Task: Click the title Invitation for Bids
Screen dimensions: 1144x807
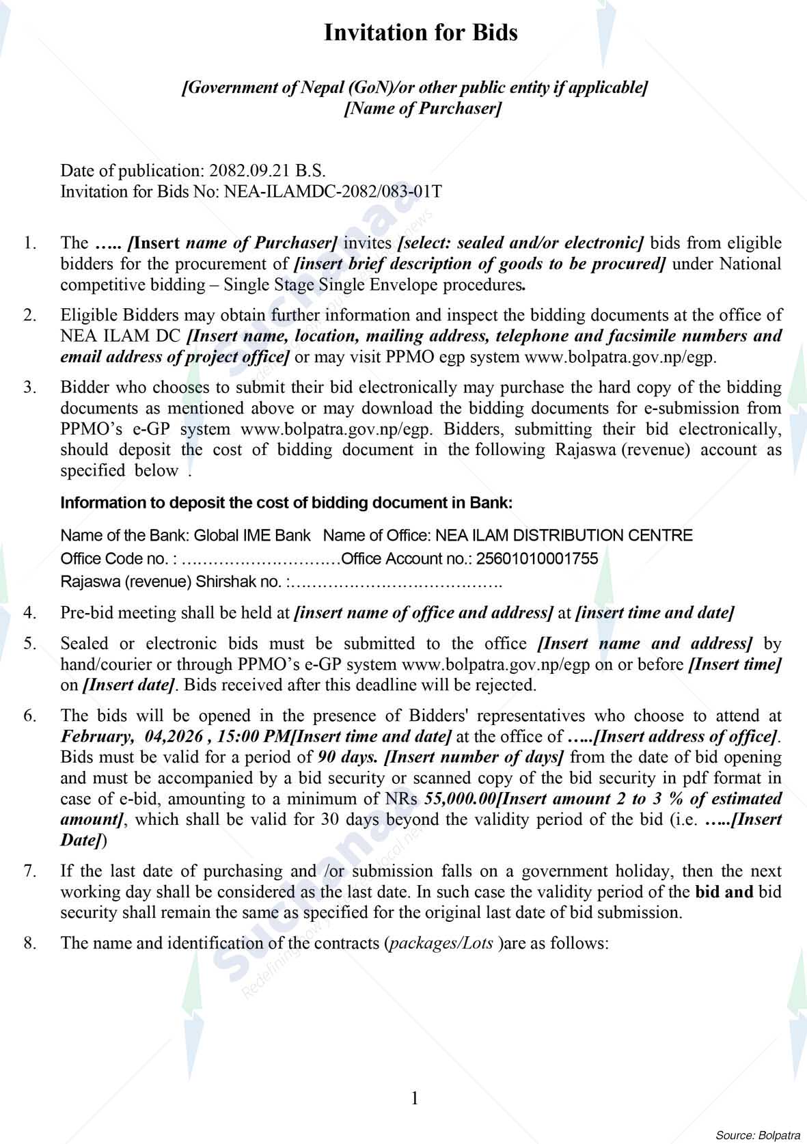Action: tap(420, 32)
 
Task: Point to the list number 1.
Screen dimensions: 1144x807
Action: tap(29, 243)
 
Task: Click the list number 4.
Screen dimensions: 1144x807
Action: tap(29, 612)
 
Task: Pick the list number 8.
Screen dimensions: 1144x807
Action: tap(29, 943)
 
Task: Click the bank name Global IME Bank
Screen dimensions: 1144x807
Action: tap(252, 535)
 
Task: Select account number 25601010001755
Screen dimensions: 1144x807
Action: tap(536, 559)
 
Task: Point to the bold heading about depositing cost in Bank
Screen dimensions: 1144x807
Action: tap(286, 503)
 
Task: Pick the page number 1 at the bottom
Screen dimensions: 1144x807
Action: tap(414, 1098)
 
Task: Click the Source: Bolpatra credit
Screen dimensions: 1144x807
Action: tap(757, 1136)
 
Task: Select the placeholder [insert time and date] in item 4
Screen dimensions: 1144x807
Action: tap(655, 612)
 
